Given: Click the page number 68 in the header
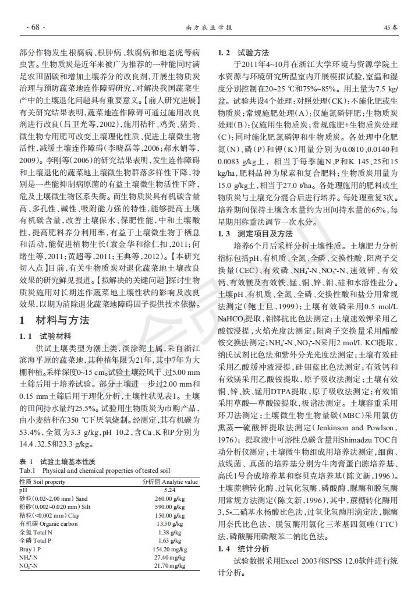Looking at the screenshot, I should [x=34, y=27].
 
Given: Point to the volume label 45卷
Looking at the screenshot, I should [x=391, y=27].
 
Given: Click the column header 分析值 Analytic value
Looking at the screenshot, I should [x=171, y=482].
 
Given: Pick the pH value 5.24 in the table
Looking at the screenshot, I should [x=170, y=490].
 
